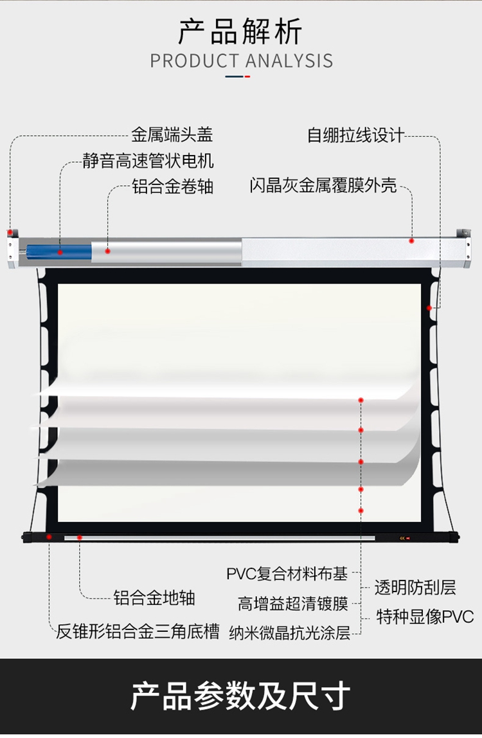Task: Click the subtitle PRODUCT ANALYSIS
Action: coord(241,61)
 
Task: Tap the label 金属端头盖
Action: coord(172,135)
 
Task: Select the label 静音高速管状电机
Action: coord(148,160)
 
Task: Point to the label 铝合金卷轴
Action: coord(172,187)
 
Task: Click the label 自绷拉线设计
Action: coord(355,135)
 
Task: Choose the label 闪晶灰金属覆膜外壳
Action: coord(323,187)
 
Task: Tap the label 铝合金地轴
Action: coord(154,598)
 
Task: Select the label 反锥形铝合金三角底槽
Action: coord(138,631)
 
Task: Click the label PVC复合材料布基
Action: coord(287,573)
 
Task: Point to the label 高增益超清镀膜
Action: coord(293,604)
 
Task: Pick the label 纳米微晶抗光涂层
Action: coord(290,633)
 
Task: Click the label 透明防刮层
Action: coord(415,587)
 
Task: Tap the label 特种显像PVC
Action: coord(425,617)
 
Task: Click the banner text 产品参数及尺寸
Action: coord(240,696)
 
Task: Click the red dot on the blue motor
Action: coord(60,252)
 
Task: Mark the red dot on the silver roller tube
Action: coord(108,251)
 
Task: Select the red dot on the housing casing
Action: coord(412,240)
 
